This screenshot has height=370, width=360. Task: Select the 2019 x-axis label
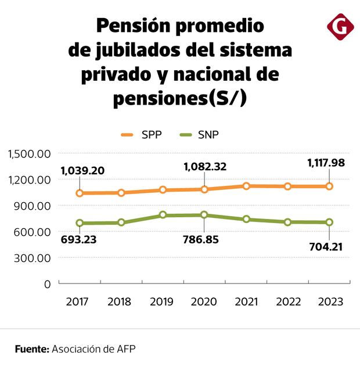(x=162, y=302)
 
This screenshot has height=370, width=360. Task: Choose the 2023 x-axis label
(x=329, y=302)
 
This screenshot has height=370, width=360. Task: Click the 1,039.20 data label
(x=82, y=171)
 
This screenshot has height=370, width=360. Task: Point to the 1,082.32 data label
(x=205, y=167)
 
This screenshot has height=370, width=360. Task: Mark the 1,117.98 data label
(x=326, y=163)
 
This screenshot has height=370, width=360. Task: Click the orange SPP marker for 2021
(x=246, y=186)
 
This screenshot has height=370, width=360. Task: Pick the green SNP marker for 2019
(x=163, y=215)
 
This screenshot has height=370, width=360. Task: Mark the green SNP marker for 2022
(x=287, y=221)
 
